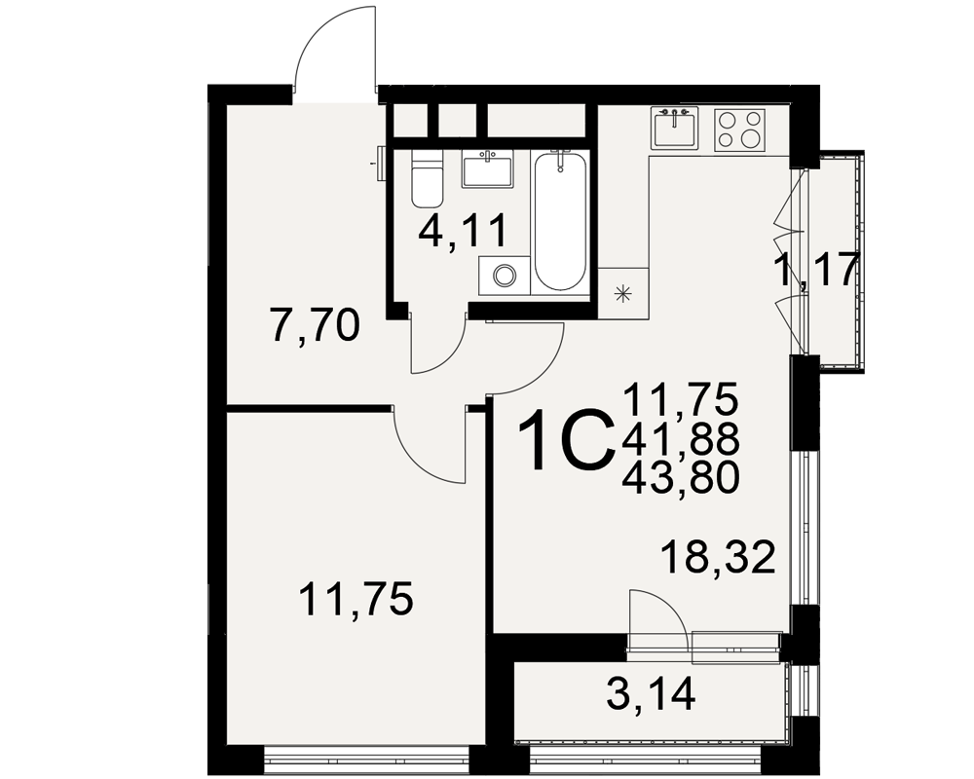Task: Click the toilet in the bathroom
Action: click(x=427, y=179)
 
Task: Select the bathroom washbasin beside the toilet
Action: click(x=487, y=169)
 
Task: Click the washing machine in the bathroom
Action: click(x=505, y=276)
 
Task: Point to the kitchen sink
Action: click(x=675, y=128)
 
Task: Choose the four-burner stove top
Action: click(x=739, y=130)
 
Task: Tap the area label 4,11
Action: click(x=464, y=231)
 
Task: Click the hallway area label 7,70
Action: click(x=316, y=326)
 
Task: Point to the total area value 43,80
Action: click(x=681, y=479)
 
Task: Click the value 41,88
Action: click(x=681, y=439)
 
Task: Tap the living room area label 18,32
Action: click(x=719, y=557)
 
